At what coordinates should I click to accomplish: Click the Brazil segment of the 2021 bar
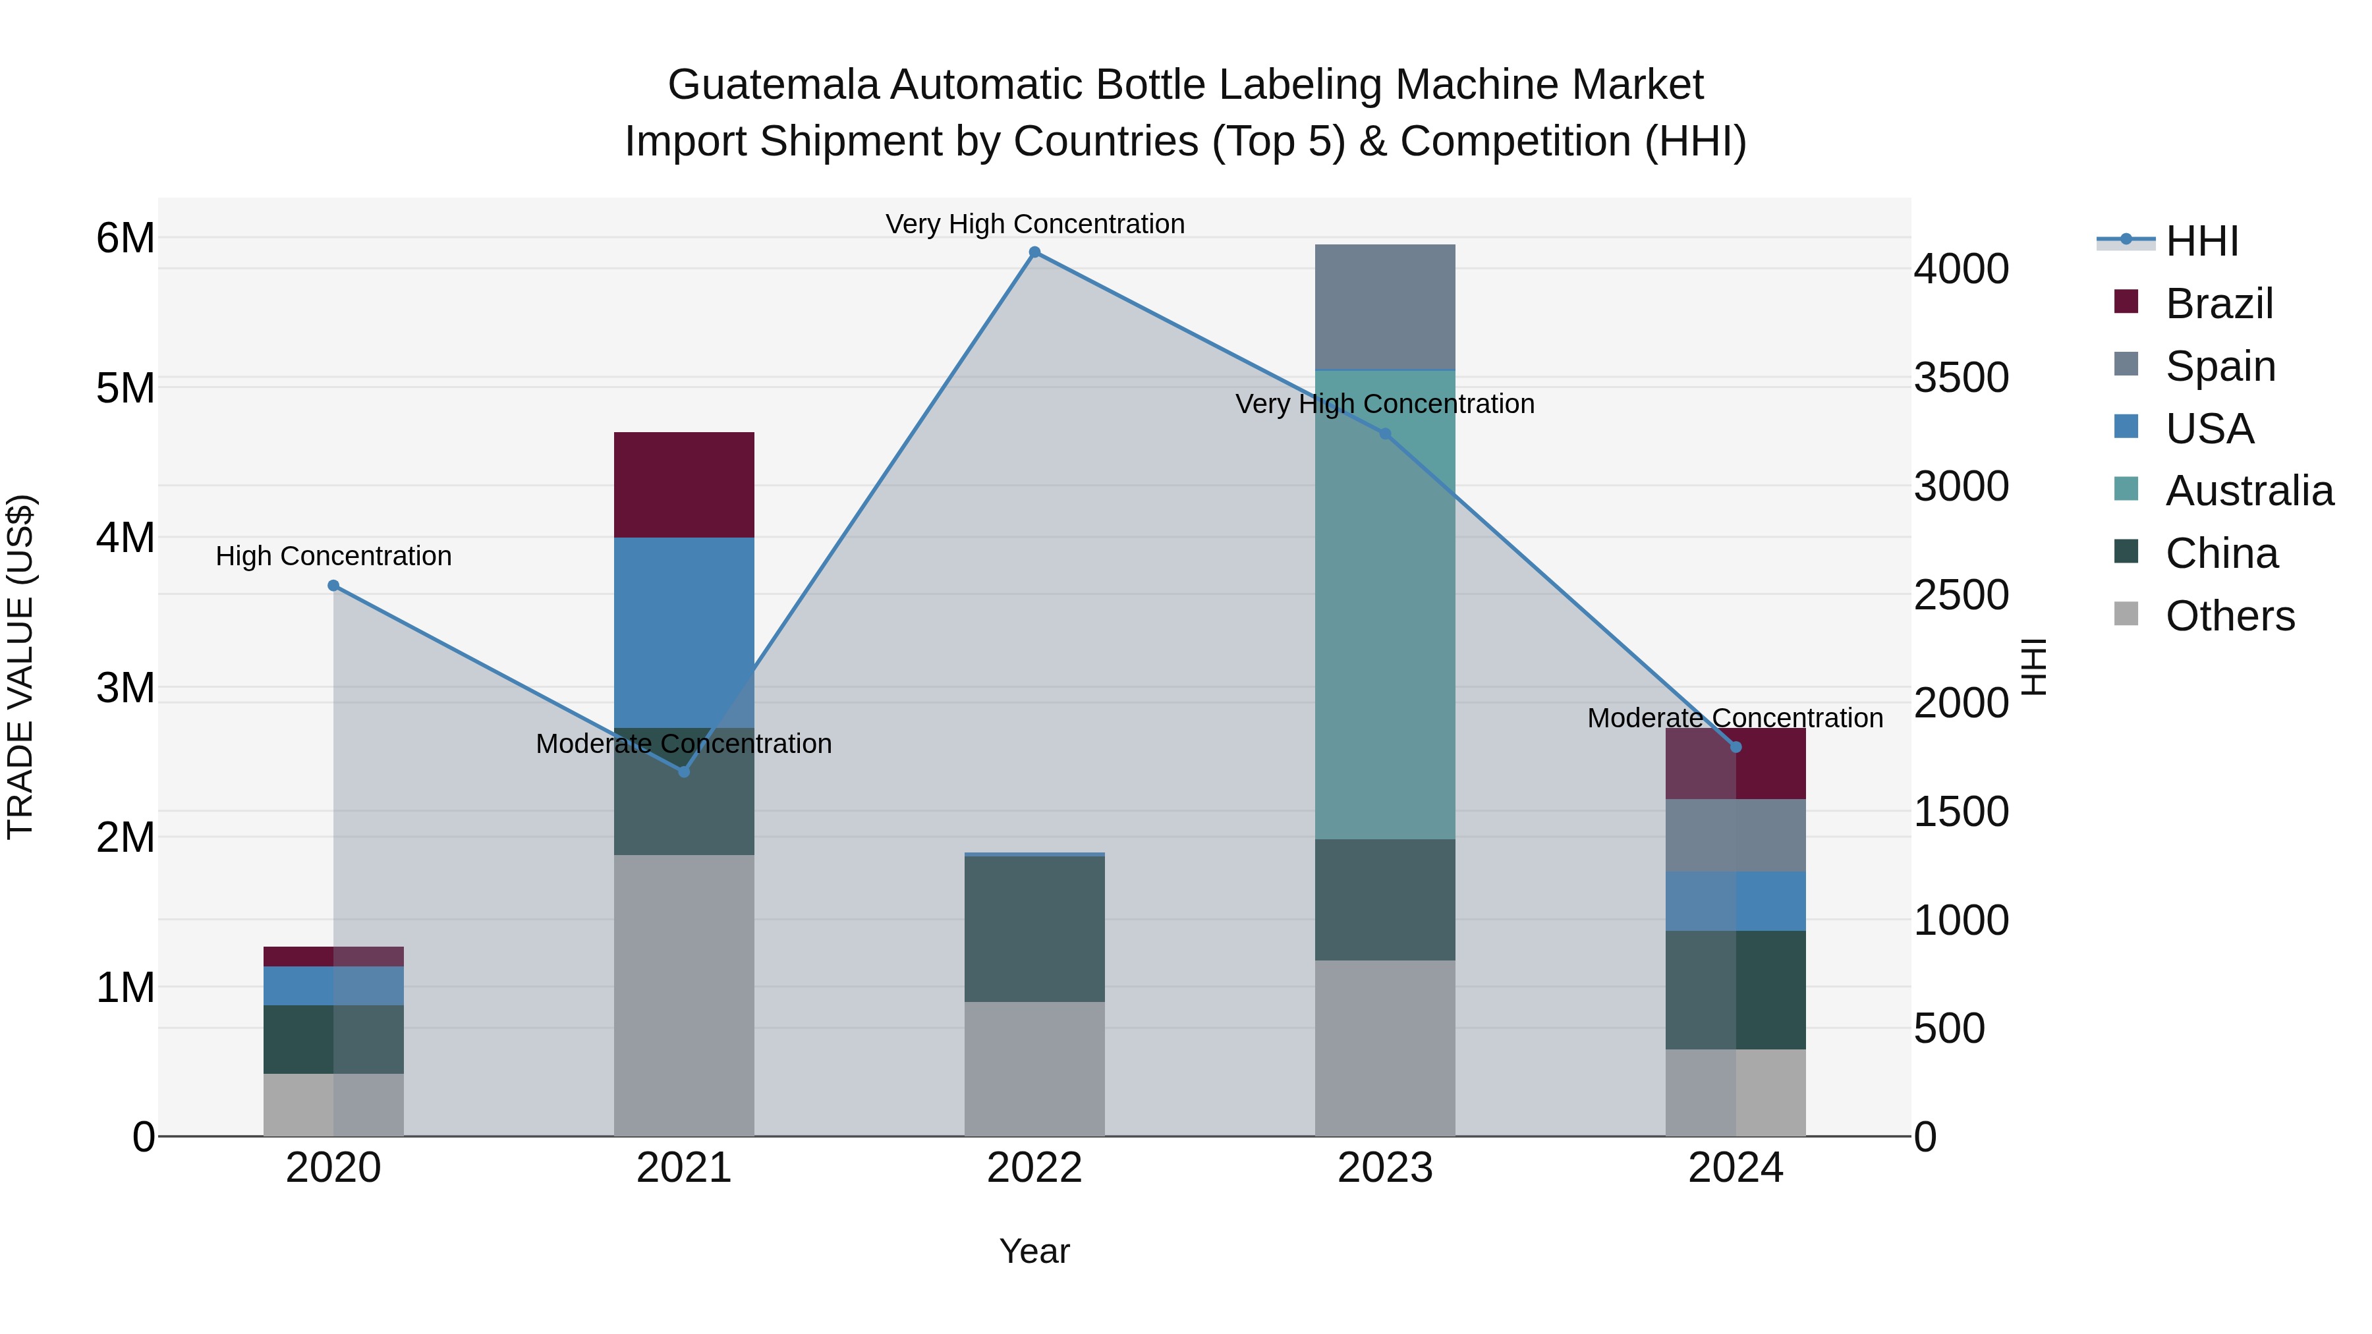[683, 484]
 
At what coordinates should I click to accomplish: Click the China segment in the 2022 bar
[1034, 928]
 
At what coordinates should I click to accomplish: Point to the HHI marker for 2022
[1034, 252]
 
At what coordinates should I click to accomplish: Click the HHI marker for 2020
[333, 586]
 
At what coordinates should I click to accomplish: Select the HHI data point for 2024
[1736, 746]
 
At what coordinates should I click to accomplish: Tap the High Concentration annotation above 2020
[333, 556]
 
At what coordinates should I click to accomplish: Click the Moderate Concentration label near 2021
[683, 743]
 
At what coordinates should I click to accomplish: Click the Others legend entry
[2228, 616]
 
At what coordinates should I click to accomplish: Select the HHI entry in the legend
[2201, 241]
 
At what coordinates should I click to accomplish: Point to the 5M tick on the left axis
[125, 387]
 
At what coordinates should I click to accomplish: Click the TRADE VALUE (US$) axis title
[20, 667]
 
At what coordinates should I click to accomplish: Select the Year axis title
[1034, 1251]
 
